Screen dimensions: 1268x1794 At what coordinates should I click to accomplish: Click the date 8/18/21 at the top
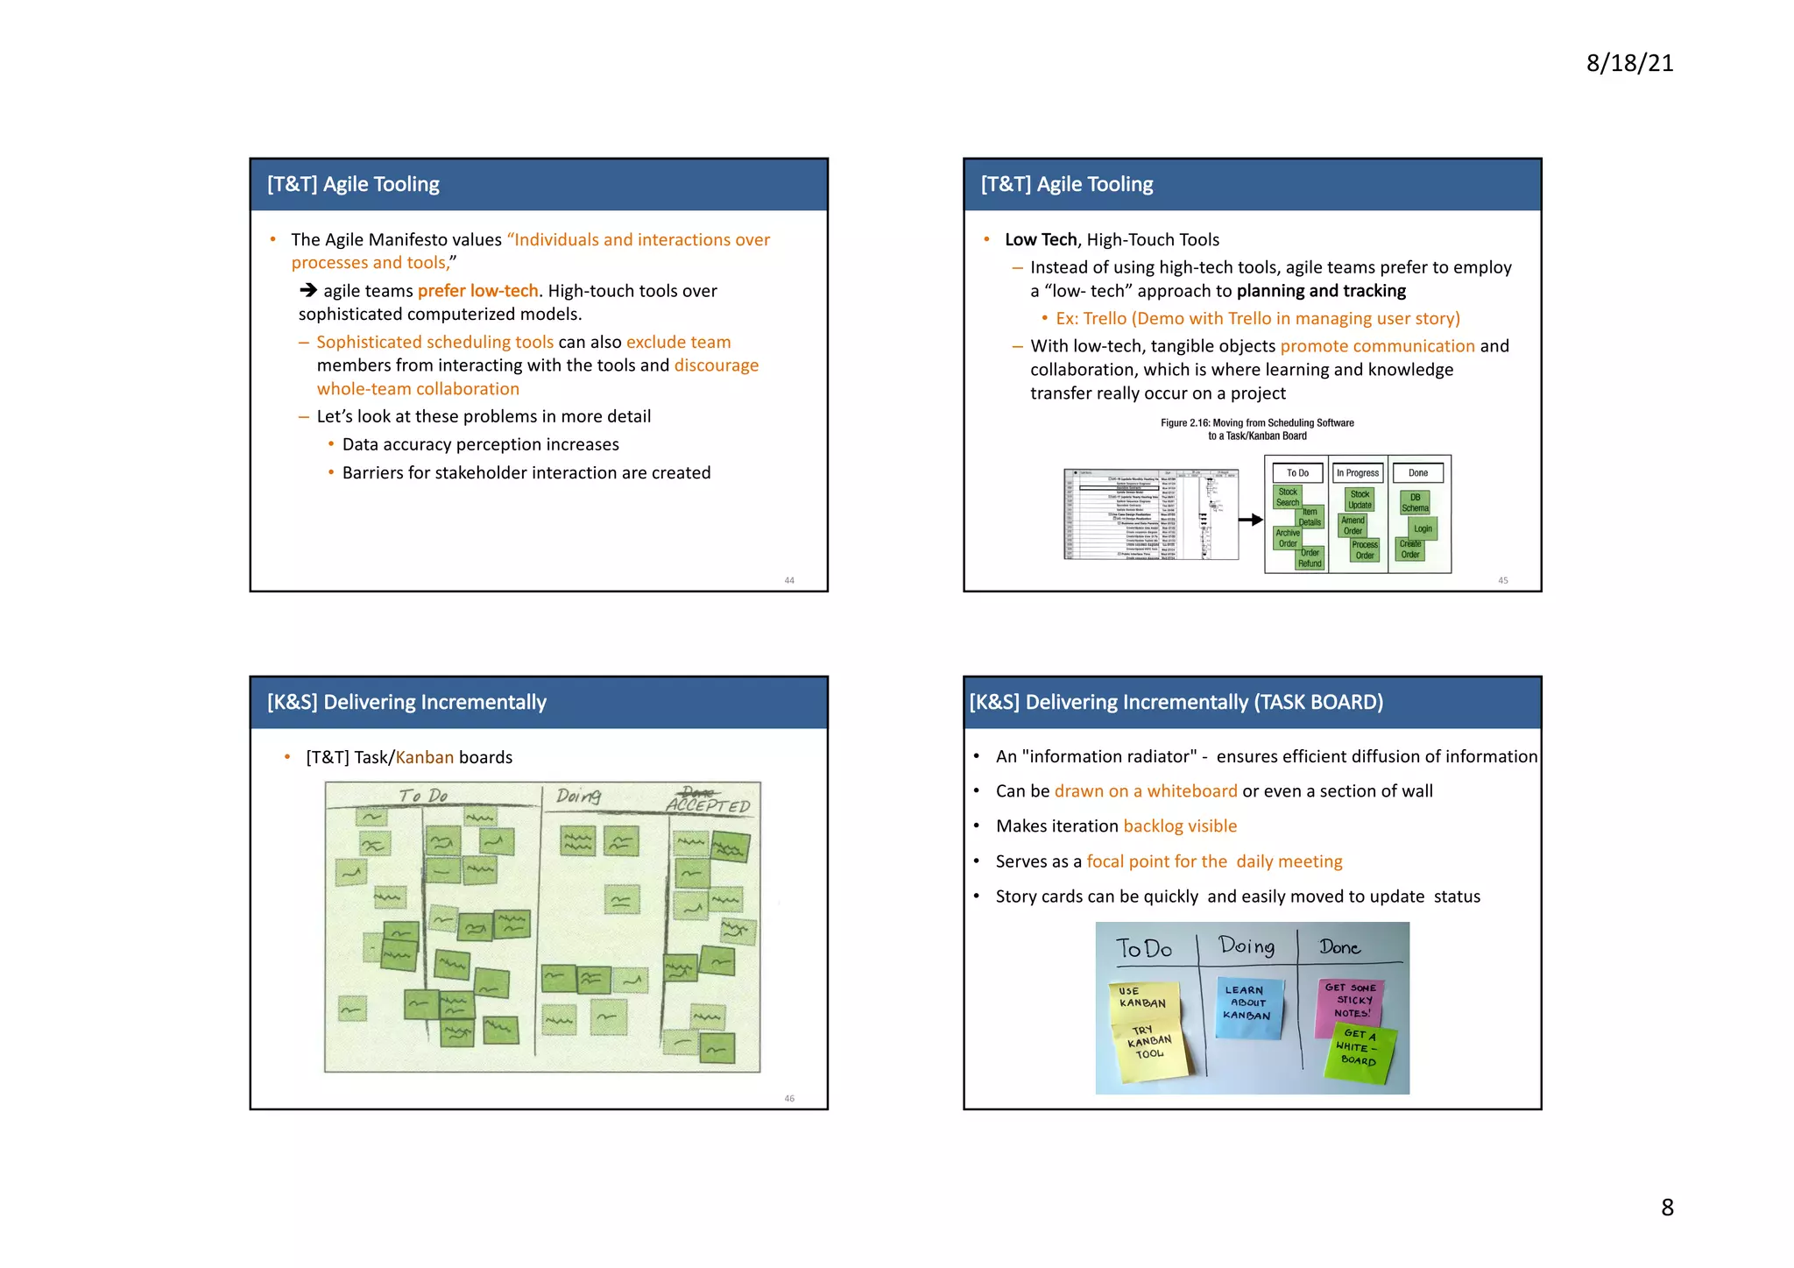pyautogui.click(x=1629, y=63)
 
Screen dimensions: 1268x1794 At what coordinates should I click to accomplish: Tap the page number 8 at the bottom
pyautogui.click(x=1667, y=1207)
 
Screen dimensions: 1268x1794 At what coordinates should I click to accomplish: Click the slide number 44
pyautogui.click(x=789, y=580)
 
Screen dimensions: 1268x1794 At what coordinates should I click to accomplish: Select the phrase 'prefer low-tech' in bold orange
pyautogui.click(x=478, y=291)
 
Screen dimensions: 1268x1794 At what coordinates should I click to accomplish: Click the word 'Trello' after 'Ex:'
pyautogui.click(x=1106, y=319)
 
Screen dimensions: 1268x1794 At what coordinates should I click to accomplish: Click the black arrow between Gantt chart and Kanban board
pyautogui.click(x=1251, y=520)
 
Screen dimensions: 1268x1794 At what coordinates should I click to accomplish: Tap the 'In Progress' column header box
pyautogui.click(x=1358, y=473)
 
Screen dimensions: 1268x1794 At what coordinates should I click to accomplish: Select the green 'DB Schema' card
pyautogui.click(x=1415, y=502)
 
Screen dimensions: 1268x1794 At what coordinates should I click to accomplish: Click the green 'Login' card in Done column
pyautogui.click(x=1423, y=528)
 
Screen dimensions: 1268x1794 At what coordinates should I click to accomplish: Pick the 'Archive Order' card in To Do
pyautogui.click(x=1287, y=538)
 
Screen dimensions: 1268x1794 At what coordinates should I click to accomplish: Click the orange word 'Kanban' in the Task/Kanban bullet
pyautogui.click(x=425, y=757)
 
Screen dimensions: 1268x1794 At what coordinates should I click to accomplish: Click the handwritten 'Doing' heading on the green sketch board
pyautogui.click(x=578, y=796)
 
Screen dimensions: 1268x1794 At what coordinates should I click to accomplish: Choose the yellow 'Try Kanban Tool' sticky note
pyautogui.click(x=1150, y=1045)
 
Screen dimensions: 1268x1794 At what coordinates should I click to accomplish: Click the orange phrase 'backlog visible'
pyautogui.click(x=1180, y=826)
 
